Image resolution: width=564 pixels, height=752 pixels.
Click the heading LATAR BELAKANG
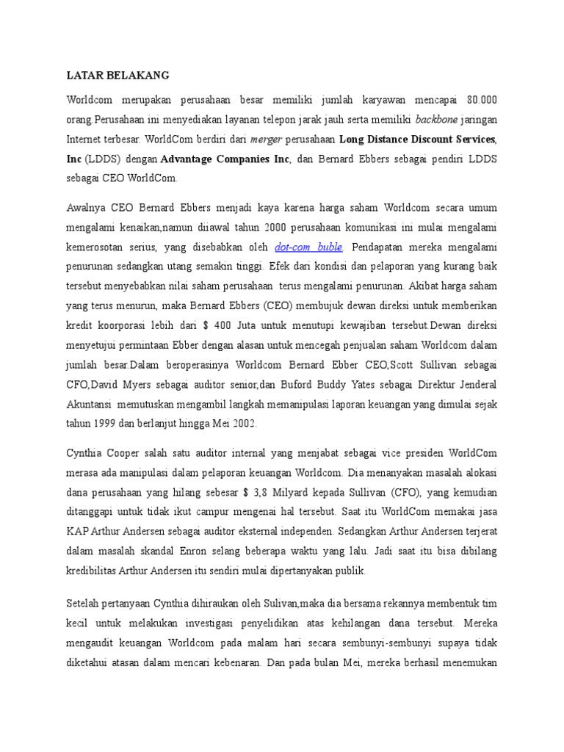[118, 75]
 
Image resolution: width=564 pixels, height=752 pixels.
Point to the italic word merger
[266, 138]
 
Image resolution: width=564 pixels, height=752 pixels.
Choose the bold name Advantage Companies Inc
[225, 158]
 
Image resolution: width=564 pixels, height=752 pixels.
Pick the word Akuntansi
[89, 403]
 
